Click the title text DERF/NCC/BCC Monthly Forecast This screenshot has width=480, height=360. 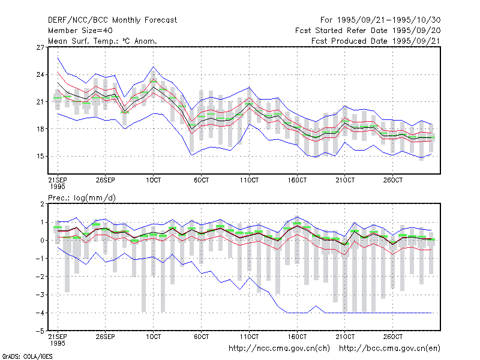pos(112,20)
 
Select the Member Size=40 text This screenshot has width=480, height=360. pos(80,31)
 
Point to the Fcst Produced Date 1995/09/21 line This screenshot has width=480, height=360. pos(376,41)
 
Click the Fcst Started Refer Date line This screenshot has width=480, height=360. pos(368,31)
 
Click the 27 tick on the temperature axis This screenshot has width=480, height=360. pos(40,47)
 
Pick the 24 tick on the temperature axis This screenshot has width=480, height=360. pos(40,74)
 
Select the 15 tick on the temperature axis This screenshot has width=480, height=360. pos(40,157)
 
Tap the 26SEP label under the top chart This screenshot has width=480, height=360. pos(106,180)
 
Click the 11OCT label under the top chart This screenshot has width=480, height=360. pos(249,180)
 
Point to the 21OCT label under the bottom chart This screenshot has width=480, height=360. pos(345,337)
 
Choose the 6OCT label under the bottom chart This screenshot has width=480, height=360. pos(201,337)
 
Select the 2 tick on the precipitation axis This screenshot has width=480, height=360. pos(42,204)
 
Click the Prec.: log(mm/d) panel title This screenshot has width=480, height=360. pos(82,198)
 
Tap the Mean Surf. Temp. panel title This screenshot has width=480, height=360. pos(103,41)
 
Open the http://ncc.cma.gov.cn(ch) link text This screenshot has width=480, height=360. pos(279,349)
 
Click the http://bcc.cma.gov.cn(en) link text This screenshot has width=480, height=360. pos(389,349)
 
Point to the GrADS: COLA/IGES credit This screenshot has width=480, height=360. pos(27,356)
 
